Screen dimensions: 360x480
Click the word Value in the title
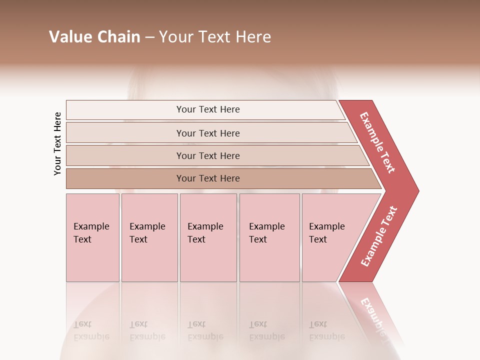pyautogui.click(x=70, y=37)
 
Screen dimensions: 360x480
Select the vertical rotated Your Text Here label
pyautogui.click(x=57, y=143)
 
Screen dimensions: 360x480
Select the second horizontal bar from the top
pyautogui.click(x=208, y=133)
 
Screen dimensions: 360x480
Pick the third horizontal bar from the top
pyautogui.click(x=208, y=155)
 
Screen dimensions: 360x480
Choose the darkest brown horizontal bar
pyautogui.click(x=208, y=178)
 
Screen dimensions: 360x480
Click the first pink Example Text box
pyautogui.click(x=92, y=237)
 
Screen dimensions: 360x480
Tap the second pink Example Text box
pyautogui.click(x=149, y=237)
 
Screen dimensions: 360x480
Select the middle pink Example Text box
pyautogui.click(x=208, y=237)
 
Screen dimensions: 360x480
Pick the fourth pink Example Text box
pyautogui.click(x=269, y=237)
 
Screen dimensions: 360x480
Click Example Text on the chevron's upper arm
pyautogui.click(x=377, y=142)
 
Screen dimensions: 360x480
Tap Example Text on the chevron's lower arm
pyautogui.click(x=379, y=236)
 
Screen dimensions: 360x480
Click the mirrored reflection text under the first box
pyautogui.click(x=91, y=331)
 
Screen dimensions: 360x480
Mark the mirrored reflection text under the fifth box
pyautogui.click(x=326, y=331)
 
